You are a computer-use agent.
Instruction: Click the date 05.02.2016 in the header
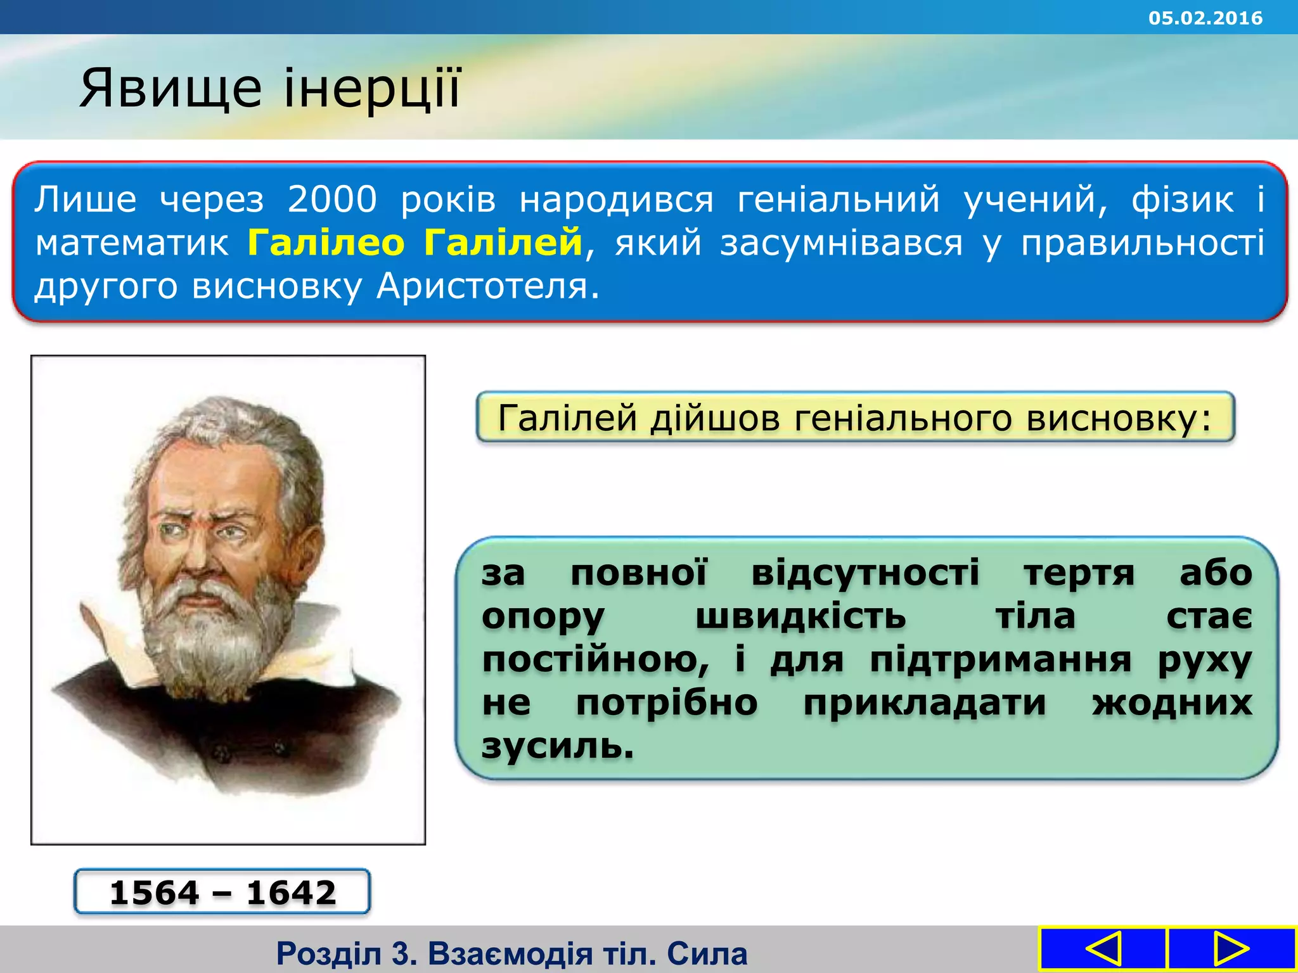point(1205,18)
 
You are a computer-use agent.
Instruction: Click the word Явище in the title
point(170,89)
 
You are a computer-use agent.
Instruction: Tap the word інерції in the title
point(372,89)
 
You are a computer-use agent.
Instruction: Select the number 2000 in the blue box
point(332,200)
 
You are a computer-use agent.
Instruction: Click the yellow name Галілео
point(326,243)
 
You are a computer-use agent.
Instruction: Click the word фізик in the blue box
point(1183,200)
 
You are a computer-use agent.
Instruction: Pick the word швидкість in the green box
point(800,616)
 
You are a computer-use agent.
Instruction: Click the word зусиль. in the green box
point(558,746)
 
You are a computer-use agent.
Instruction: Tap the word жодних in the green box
point(1171,703)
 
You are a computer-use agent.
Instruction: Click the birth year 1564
point(155,893)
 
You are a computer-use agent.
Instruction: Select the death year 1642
point(291,893)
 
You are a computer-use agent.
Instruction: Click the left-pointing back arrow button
point(1103,948)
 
